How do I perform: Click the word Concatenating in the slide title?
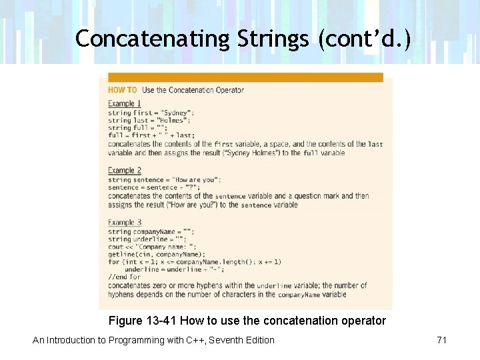click(153, 39)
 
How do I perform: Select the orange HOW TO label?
click(123, 90)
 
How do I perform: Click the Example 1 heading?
click(125, 103)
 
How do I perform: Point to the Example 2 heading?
click(125, 171)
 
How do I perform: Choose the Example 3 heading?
click(125, 223)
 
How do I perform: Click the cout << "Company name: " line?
click(157, 247)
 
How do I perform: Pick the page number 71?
click(441, 340)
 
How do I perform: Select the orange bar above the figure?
click(245, 77)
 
